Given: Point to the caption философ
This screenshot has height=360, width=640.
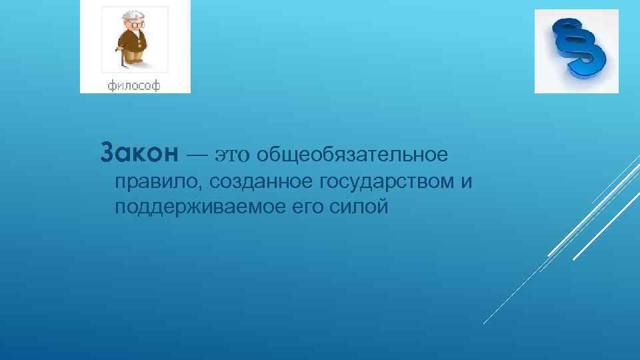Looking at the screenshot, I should point(135,85).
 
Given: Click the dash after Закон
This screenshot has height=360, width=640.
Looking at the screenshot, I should point(197,156).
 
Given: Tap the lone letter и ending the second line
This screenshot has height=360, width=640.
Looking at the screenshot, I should point(466,182).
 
